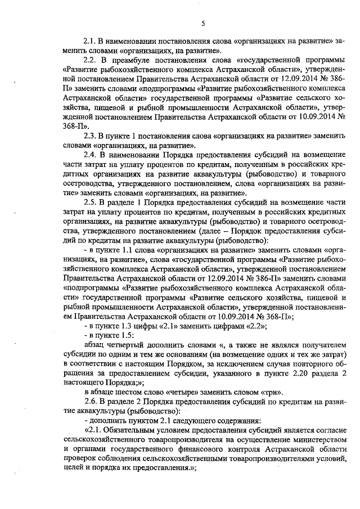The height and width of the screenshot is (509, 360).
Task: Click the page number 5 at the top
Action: tap(203, 23)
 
